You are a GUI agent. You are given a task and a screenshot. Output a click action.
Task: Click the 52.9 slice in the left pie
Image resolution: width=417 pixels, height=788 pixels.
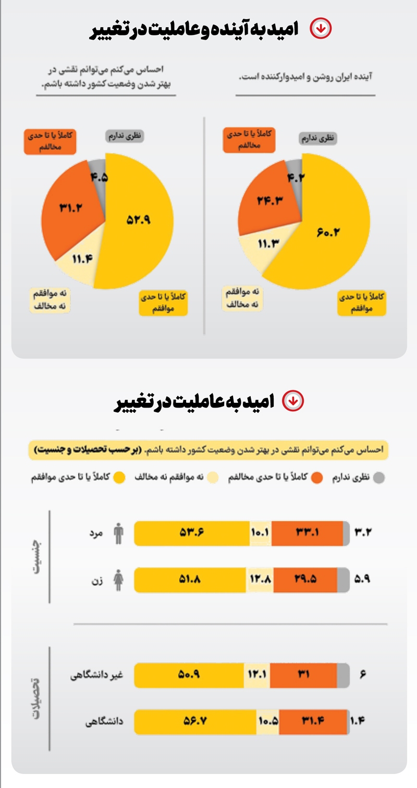tap(138, 221)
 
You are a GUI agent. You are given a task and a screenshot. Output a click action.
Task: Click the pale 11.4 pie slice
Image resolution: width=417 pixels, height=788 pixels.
tap(81, 258)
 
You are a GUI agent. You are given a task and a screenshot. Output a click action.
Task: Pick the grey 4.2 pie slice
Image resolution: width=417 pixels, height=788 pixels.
tap(295, 177)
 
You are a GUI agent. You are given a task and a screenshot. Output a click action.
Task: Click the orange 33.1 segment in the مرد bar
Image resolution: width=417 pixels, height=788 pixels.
tap(308, 533)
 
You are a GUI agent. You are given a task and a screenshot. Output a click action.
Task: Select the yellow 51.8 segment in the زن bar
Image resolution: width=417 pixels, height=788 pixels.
tap(190, 580)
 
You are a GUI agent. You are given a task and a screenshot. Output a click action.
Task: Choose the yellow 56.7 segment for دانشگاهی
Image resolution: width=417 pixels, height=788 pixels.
tap(195, 722)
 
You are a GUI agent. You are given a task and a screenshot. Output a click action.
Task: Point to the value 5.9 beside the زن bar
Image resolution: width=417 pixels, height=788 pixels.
tap(362, 580)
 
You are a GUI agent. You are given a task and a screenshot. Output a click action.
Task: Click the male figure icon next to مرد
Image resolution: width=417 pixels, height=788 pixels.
tap(119, 533)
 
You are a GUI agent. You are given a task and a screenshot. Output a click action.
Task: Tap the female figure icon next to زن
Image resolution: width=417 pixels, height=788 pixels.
tap(119, 580)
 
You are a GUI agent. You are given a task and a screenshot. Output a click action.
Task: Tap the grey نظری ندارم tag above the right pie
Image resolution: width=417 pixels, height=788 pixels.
tap(318, 138)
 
